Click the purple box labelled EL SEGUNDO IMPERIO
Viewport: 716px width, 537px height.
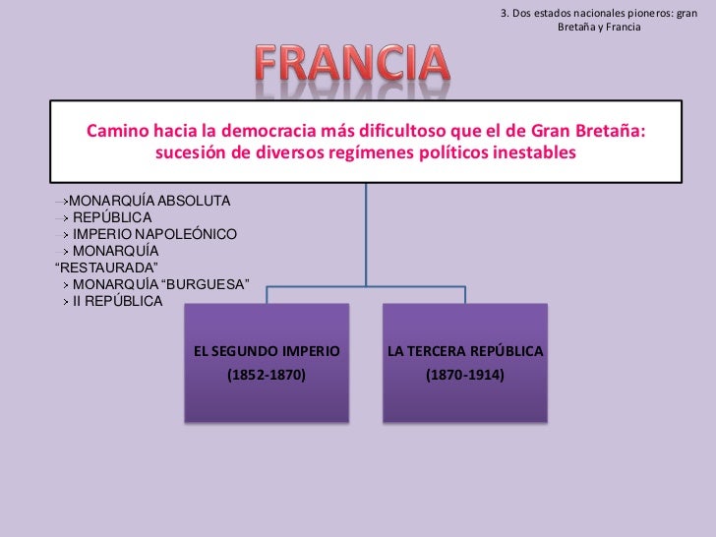coord(267,363)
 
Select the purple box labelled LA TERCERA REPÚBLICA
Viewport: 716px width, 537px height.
coord(464,363)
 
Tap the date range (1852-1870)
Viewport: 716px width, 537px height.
coord(267,375)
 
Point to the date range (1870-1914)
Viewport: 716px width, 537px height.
coord(465,375)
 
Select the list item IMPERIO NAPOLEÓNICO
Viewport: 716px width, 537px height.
coord(154,234)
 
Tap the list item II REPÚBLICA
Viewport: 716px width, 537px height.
coord(117,301)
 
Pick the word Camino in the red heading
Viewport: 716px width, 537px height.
coord(119,132)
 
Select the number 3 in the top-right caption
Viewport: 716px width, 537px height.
coord(504,13)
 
